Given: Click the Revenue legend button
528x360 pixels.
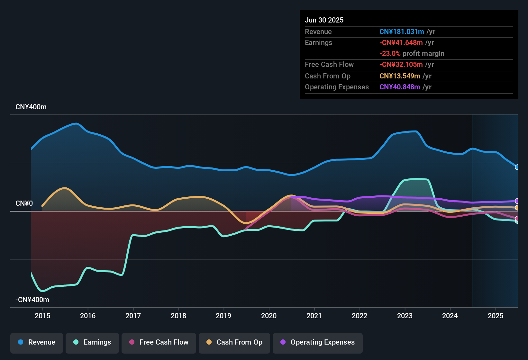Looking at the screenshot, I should click(x=37, y=342).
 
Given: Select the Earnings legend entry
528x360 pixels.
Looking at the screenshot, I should click(x=92, y=342).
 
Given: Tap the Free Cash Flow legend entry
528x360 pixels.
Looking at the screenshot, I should click(x=159, y=342).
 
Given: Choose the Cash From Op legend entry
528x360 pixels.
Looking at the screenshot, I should click(x=234, y=342).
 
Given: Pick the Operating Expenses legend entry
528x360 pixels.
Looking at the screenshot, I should click(x=318, y=342).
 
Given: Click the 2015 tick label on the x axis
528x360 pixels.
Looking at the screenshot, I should click(x=42, y=316).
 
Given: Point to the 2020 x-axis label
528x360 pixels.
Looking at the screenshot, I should click(x=269, y=316).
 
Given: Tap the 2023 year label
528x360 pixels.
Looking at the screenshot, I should click(x=405, y=316).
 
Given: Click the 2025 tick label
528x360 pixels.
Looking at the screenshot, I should click(x=496, y=316).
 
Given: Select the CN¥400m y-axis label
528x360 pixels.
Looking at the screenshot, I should click(x=31, y=107).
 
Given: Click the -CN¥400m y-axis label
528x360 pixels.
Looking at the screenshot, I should click(x=32, y=300).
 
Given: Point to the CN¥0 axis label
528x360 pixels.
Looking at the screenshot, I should click(x=24, y=203).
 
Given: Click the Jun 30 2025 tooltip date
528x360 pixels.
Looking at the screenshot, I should click(x=324, y=20).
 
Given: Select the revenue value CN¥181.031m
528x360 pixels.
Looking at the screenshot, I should click(x=402, y=32).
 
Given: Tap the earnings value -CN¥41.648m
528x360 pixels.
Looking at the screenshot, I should click(x=401, y=43).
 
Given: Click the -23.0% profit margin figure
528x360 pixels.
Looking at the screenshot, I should click(x=390, y=54).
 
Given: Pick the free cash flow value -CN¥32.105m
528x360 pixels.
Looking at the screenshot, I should click(x=401, y=65).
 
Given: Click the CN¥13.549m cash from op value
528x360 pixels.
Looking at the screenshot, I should click(x=400, y=76).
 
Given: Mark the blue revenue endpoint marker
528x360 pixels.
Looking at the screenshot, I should click(x=517, y=167).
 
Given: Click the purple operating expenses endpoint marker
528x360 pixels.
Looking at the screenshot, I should click(x=517, y=201).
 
